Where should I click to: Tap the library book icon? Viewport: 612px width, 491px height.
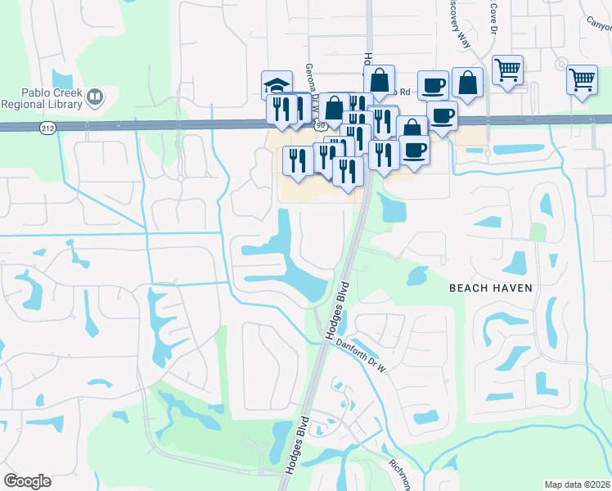[x=95, y=99]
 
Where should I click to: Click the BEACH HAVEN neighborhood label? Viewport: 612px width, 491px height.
[x=490, y=288]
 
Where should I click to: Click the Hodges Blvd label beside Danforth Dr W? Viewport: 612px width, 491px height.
[x=336, y=310]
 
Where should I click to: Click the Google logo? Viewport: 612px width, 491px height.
[x=27, y=481]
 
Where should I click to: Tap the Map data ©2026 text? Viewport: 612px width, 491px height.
[x=577, y=484]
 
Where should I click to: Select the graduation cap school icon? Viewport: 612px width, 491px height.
[x=277, y=84]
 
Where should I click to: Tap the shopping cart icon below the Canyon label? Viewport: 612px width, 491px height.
[x=582, y=80]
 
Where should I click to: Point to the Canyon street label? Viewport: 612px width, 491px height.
[x=598, y=22]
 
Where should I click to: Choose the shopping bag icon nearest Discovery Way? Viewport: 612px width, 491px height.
[x=466, y=83]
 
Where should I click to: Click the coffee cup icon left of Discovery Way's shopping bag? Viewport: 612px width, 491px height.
[x=433, y=84]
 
